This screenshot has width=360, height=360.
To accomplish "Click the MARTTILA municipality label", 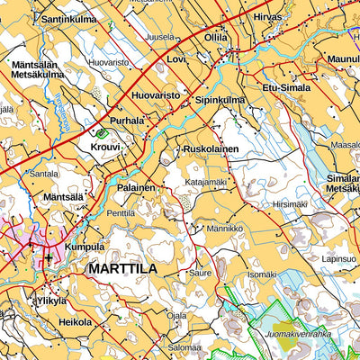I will click(x=122, y=268).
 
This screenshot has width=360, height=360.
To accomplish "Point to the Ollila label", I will click(x=216, y=39).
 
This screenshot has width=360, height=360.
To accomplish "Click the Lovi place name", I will click(x=176, y=58).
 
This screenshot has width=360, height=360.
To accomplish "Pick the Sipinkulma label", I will click(x=220, y=100).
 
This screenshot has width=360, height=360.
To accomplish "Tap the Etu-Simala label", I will click(x=285, y=87).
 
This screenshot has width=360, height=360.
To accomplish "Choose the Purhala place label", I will click(x=128, y=120).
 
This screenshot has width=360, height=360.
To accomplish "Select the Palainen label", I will click(x=136, y=187).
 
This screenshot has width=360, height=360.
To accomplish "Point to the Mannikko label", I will click(x=225, y=229).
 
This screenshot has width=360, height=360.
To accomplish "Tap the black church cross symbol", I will click(x=49, y=257).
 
